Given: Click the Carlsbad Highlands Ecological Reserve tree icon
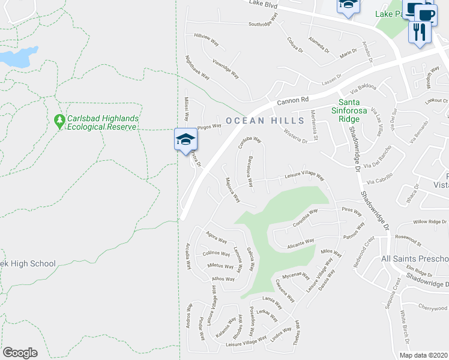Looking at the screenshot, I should (x=59, y=122).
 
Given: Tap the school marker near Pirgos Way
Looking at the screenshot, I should (x=186, y=140).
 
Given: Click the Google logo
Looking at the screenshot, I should (x=20, y=352).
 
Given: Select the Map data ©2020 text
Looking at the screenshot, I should (x=423, y=355).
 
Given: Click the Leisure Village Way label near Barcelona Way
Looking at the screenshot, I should (x=304, y=176).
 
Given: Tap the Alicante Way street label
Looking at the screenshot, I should (x=301, y=242).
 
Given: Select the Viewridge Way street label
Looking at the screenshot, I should (x=226, y=69).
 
